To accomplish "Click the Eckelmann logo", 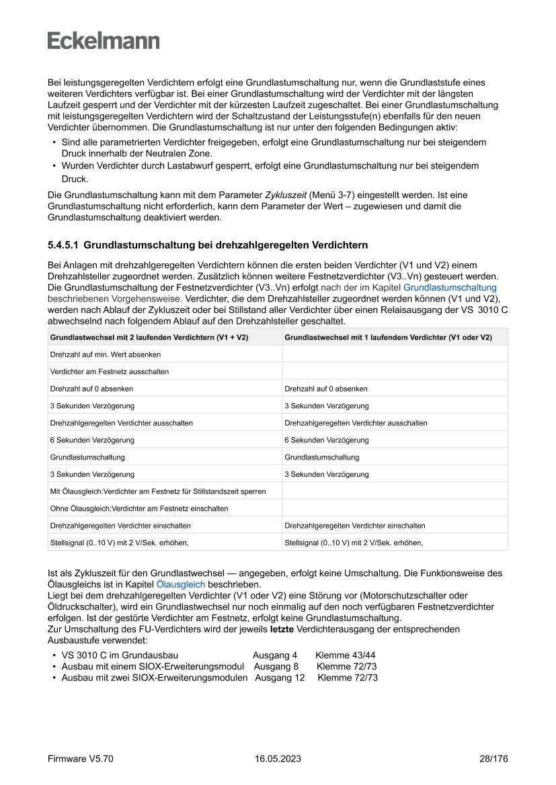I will pos(104,41).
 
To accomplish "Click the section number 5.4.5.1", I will pos(63,245).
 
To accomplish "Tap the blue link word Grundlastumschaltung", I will pos(450,287).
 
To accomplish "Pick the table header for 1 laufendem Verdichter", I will pos(388,337).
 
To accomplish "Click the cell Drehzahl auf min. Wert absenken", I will pos(106,354).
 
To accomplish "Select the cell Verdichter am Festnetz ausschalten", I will pos(110,371).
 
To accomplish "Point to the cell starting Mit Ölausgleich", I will pos(158,492).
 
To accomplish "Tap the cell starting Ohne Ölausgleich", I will pos(139,508).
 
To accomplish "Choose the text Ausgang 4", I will pos(275,655).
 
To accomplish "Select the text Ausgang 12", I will pos(280,678).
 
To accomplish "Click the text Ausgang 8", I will pos(276,666).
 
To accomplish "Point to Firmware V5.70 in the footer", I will pos(81,759).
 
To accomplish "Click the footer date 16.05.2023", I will pos(278,759).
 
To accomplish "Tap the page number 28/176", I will pos(493,759).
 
